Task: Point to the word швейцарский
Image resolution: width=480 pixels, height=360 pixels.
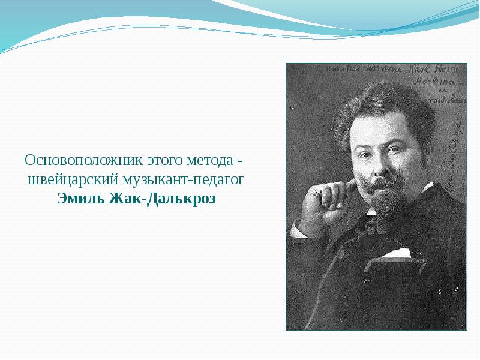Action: tap(72, 179)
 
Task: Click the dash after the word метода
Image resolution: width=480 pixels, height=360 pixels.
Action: tap(239, 162)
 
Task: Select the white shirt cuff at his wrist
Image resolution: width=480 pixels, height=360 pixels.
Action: tap(300, 228)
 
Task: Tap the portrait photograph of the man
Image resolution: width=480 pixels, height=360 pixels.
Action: tap(376, 197)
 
